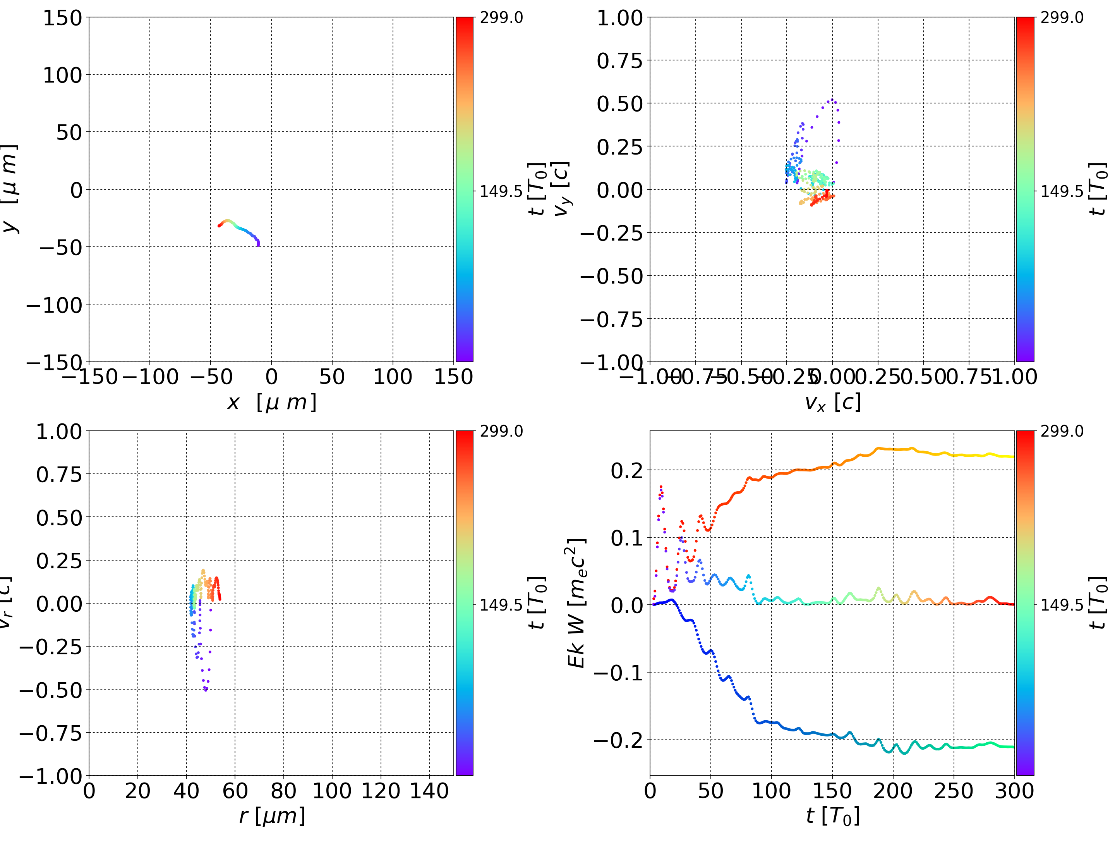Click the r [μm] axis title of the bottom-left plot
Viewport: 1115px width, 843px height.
pyautogui.click(x=272, y=816)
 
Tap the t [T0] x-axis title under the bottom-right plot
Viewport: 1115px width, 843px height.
pyautogui.click(x=832, y=816)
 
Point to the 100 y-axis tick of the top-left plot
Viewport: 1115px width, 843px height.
pyautogui.click(x=62, y=75)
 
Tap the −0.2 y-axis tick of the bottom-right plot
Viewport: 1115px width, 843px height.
pyautogui.click(x=618, y=740)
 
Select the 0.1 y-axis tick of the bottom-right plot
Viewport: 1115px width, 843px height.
pyautogui.click(x=627, y=538)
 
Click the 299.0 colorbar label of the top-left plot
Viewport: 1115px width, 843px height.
pyautogui.click(x=501, y=18)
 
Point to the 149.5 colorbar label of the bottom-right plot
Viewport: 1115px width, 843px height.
pyautogui.click(x=1062, y=605)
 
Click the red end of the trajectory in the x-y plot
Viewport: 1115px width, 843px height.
pyautogui.click(x=219, y=225)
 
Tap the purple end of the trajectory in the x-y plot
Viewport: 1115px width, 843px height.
pyautogui.click(x=258, y=245)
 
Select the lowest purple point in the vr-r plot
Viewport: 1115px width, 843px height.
pyautogui.click(x=206, y=690)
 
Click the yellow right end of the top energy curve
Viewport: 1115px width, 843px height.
pyautogui.click(x=1013, y=457)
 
